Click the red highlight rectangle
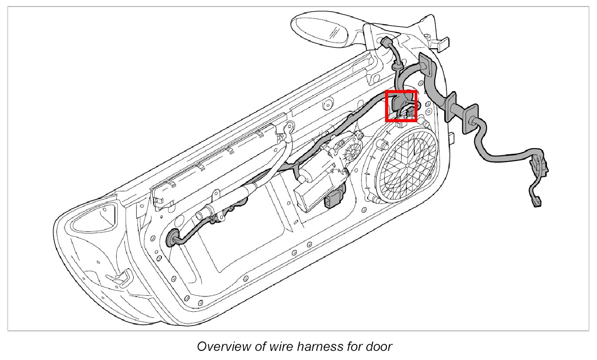(402, 106)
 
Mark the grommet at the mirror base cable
(385, 42)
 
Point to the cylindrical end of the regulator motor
(304, 177)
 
